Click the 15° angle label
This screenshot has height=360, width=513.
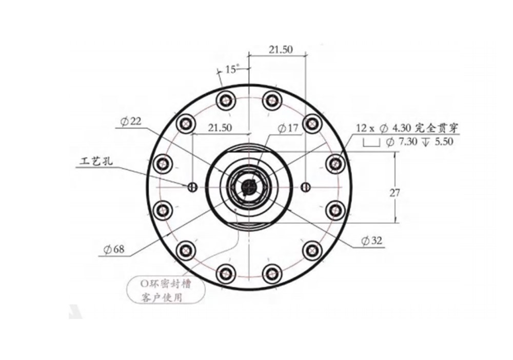tap(231, 69)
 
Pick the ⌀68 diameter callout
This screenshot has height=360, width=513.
tap(113, 250)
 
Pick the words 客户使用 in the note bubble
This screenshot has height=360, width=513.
tap(161, 298)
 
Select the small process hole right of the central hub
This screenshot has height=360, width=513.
tap(307, 186)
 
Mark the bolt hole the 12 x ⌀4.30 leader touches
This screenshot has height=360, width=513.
tap(335, 164)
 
